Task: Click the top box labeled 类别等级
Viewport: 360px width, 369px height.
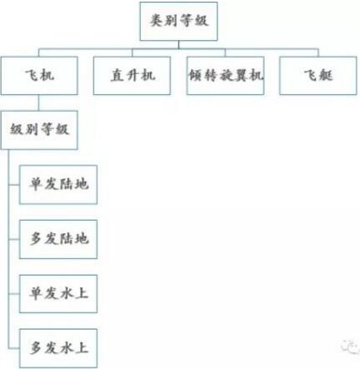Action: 178,21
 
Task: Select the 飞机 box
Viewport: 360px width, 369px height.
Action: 39,76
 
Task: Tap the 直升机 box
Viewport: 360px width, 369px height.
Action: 132,76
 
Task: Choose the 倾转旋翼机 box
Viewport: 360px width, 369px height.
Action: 225,76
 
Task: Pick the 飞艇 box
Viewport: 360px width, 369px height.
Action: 318,76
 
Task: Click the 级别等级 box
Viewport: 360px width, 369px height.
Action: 39,130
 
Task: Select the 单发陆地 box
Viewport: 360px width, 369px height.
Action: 58,185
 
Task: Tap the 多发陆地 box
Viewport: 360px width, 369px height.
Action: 58,239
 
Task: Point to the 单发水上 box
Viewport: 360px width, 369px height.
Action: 58,294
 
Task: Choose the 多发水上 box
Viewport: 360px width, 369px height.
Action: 58,348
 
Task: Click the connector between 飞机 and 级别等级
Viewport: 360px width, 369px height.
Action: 38,102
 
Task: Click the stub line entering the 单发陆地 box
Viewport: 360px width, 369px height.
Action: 14,184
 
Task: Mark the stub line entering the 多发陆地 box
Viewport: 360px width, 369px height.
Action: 14,239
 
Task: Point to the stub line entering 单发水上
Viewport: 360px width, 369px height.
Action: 14,294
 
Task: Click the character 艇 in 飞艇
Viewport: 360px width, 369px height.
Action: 326,75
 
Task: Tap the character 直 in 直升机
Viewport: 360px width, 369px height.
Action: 117,75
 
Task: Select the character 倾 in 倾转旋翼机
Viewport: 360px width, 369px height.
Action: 196,75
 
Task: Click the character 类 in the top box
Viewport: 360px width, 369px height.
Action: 157,21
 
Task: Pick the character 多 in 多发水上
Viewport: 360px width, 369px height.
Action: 36,348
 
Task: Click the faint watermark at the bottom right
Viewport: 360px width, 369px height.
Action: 351,347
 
